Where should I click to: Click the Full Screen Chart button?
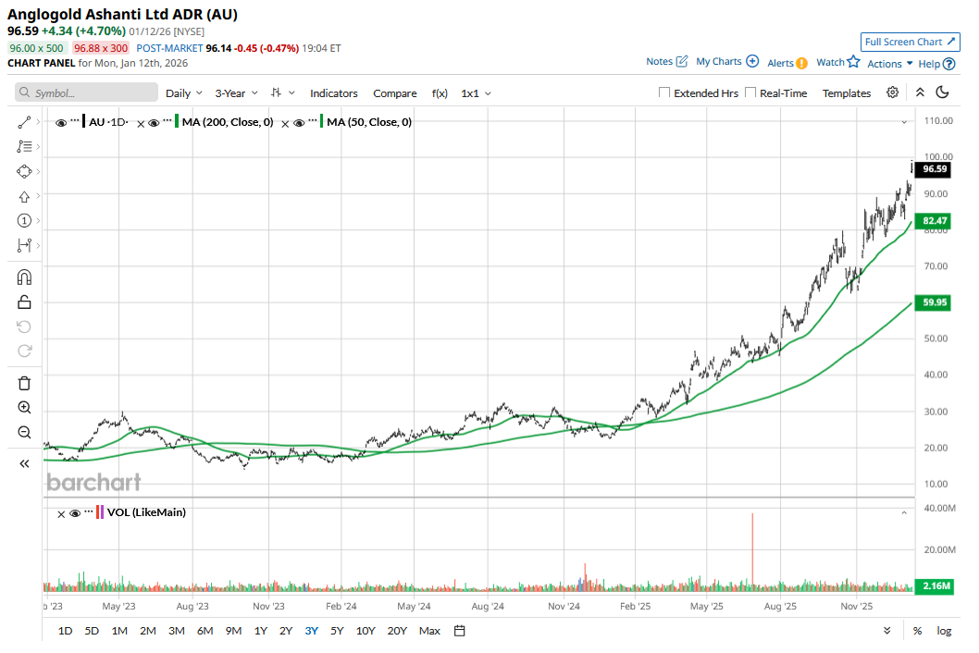click(910, 42)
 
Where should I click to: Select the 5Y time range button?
click(337, 631)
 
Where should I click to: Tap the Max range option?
click(429, 631)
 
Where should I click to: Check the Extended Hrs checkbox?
click(664, 93)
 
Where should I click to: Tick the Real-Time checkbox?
click(750, 93)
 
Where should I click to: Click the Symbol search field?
click(87, 93)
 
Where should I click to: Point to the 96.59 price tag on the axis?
click(936, 169)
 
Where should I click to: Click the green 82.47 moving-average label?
click(936, 221)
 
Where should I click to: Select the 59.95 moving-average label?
click(936, 302)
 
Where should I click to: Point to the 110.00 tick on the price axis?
click(937, 121)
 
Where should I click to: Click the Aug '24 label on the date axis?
click(487, 607)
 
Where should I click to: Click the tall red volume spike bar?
click(753, 549)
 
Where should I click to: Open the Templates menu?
click(847, 93)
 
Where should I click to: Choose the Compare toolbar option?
click(395, 93)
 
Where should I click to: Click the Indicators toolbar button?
click(333, 93)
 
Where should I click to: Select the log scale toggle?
click(944, 631)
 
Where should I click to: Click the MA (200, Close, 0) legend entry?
click(227, 122)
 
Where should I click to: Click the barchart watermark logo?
click(93, 482)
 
